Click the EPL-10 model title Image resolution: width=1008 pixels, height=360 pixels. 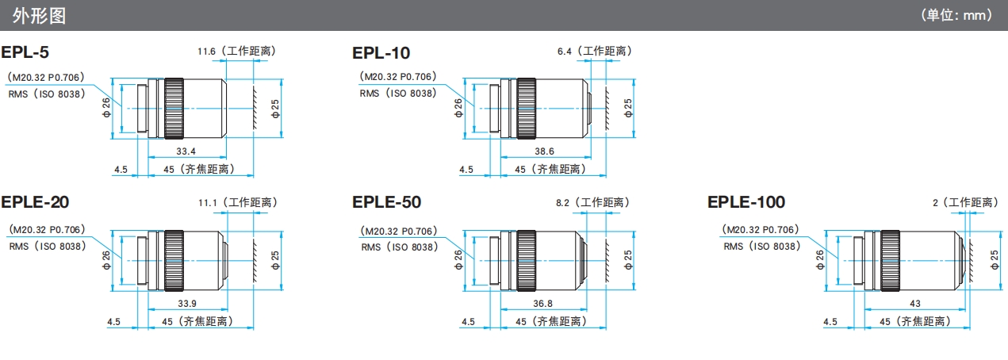[381, 53]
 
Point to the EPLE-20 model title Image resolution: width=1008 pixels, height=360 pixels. [35, 202]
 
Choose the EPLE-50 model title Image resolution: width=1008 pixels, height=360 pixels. [387, 202]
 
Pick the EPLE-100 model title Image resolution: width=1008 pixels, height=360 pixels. [746, 202]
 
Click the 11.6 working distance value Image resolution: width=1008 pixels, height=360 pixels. [207, 51]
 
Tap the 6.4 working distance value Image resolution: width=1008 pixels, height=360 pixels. [565, 51]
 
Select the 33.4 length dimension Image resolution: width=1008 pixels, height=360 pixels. [186, 151]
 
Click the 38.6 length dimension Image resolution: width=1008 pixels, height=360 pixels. [544, 151]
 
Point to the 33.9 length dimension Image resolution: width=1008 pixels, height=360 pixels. [186, 303]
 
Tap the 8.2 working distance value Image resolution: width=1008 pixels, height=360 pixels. [564, 203]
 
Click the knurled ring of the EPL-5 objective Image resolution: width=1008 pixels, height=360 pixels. [174, 109]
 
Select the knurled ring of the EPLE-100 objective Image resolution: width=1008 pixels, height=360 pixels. [888, 259]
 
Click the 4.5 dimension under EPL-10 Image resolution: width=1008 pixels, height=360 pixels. [467, 169]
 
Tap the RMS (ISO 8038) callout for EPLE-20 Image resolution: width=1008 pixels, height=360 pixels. [47, 246]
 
